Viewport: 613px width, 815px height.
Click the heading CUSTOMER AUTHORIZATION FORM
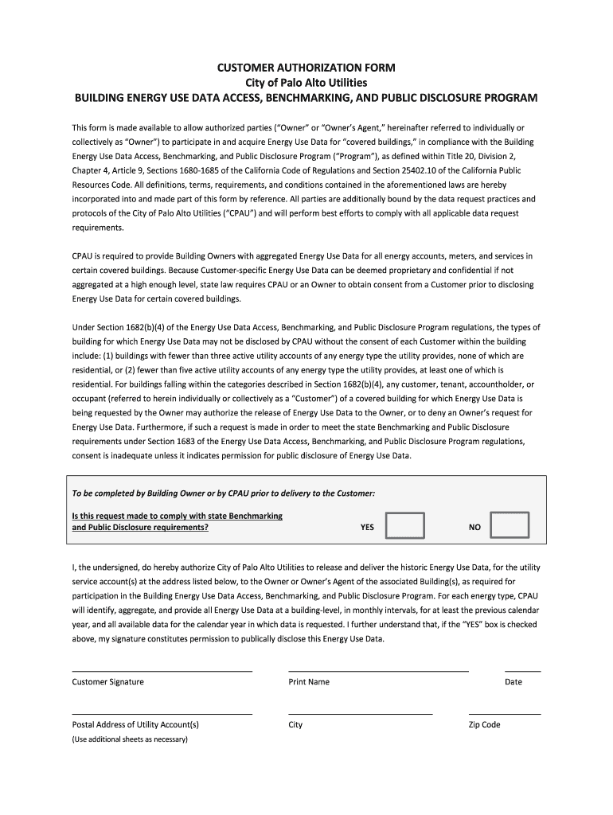[306, 68]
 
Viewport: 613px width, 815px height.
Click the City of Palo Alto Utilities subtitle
[306, 83]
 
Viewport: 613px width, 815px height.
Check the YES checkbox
[405, 526]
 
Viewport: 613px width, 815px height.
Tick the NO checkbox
[510, 526]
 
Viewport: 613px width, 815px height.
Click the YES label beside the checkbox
[367, 527]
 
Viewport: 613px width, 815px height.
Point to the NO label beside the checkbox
[474, 527]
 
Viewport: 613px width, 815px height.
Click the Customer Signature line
[162, 670]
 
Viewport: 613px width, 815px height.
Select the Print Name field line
[378, 670]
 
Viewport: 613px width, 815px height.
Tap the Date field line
[522, 670]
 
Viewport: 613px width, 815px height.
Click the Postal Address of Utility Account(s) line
[162, 713]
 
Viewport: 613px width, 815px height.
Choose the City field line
[360, 713]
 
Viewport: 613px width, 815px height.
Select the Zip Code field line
[505, 713]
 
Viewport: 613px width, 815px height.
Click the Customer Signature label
[108, 682]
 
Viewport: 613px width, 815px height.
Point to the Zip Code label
[485, 725]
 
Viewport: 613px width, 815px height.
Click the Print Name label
[309, 682]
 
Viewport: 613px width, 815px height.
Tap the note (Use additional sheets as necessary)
[130, 739]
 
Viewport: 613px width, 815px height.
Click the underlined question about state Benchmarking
[178, 521]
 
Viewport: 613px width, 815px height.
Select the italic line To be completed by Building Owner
[224, 493]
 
